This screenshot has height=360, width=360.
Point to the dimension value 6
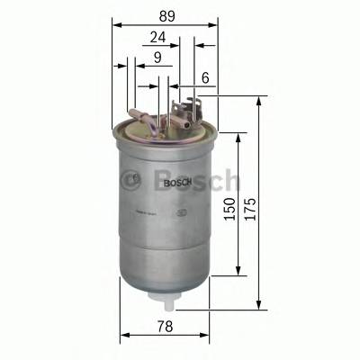(205, 79)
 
